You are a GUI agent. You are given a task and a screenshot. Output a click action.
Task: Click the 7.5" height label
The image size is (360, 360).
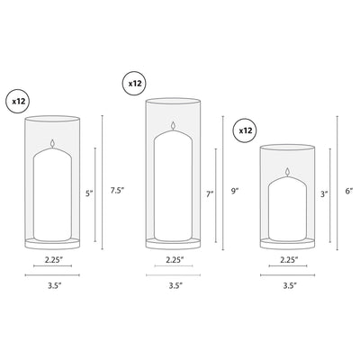(116, 191)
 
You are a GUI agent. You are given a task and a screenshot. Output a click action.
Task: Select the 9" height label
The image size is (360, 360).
(235, 191)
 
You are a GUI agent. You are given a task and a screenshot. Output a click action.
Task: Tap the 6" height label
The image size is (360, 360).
(348, 192)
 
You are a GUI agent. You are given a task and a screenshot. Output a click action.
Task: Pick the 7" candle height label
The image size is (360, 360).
(209, 193)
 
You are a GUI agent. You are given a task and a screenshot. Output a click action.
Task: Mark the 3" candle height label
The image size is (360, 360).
(323, 193)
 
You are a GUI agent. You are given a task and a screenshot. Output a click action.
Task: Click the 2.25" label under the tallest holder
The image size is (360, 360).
(175, 260)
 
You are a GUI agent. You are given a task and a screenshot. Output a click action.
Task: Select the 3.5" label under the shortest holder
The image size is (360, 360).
(289, 285)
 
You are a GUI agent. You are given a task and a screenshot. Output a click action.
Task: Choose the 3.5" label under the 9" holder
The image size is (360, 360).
(175, 285)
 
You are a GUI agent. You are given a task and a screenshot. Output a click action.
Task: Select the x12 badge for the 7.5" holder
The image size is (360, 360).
(19, 101)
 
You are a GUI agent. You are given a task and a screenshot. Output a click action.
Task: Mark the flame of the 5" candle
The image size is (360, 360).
(56, 142)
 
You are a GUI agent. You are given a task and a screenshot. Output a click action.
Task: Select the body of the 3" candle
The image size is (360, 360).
(289, 211)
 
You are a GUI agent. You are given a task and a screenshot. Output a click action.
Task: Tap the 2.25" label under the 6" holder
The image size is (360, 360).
(289, 260)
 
